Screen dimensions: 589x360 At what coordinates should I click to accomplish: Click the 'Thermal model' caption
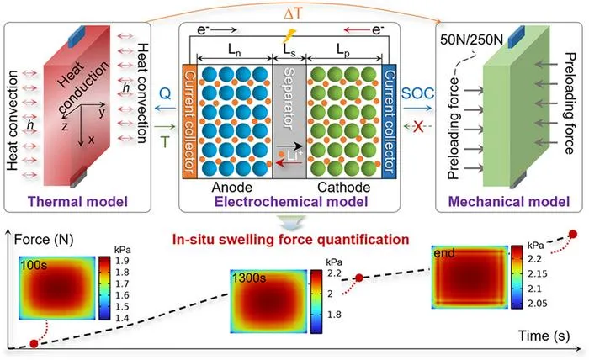(77, 202)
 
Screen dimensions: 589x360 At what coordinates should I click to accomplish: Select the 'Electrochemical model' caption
(291, 202)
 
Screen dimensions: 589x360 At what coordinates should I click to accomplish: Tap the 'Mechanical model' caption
(509, 202)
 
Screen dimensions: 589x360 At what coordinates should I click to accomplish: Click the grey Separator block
(289, 121)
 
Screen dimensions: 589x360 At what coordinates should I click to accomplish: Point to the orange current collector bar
(189, 121)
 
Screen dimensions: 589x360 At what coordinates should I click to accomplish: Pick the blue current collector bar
(389, 121)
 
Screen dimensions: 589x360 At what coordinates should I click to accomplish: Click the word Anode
(231, 187)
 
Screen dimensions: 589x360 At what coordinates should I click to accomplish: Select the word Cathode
(343, 187)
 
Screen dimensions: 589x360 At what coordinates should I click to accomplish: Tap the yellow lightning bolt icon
(289, 35)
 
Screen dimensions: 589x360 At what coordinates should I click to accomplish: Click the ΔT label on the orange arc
(293, 14)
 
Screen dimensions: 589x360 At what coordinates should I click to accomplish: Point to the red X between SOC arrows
(418, 127)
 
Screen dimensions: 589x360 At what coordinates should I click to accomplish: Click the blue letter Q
(165, 93)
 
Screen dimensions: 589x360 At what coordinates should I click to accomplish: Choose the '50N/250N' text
(471, 40)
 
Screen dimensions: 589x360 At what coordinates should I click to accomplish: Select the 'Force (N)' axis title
(44, 240)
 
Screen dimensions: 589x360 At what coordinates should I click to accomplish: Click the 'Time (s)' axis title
(544, 336)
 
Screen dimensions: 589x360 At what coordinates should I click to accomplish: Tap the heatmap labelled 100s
(57, 288)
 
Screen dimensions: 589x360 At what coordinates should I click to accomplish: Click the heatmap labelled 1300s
(269, 301)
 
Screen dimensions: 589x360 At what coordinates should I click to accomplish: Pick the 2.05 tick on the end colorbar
(538, 304)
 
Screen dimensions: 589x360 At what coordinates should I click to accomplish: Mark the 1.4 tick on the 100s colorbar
(121, 318)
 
